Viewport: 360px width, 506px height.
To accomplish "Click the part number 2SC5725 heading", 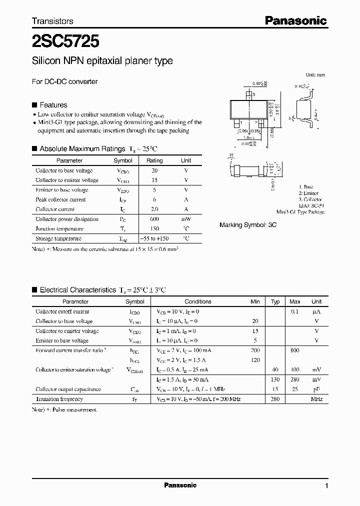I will click(65, 38).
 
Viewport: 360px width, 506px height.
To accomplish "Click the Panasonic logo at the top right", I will click(295, 20).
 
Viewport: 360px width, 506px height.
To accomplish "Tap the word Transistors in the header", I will click(52, 21).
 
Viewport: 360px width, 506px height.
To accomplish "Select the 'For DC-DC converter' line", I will click(64, 81).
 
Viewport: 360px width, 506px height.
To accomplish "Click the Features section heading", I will click(53, 105).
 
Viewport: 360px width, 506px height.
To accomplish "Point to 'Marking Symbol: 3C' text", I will click(248, 225).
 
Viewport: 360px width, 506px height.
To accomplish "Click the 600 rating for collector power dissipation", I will click(154, 219).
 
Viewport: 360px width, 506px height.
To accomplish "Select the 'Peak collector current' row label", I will click(60, 199).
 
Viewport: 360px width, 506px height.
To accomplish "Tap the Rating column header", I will click(154, 160).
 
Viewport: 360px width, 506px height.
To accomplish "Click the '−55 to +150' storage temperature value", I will click(154, 238).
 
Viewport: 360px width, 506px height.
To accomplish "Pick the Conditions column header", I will click(198, 301).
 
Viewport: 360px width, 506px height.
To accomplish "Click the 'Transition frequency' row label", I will click(59, 399).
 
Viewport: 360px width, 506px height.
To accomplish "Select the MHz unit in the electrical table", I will click(316, 399).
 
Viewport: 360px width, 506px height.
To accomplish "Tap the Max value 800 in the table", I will click(294, 350).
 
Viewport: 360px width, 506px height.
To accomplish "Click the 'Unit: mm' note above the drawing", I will click(315, 74).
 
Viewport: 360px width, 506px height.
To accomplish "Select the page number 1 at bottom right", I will click(326, 485).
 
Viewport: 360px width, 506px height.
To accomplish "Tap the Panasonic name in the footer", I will click(180, 485).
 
